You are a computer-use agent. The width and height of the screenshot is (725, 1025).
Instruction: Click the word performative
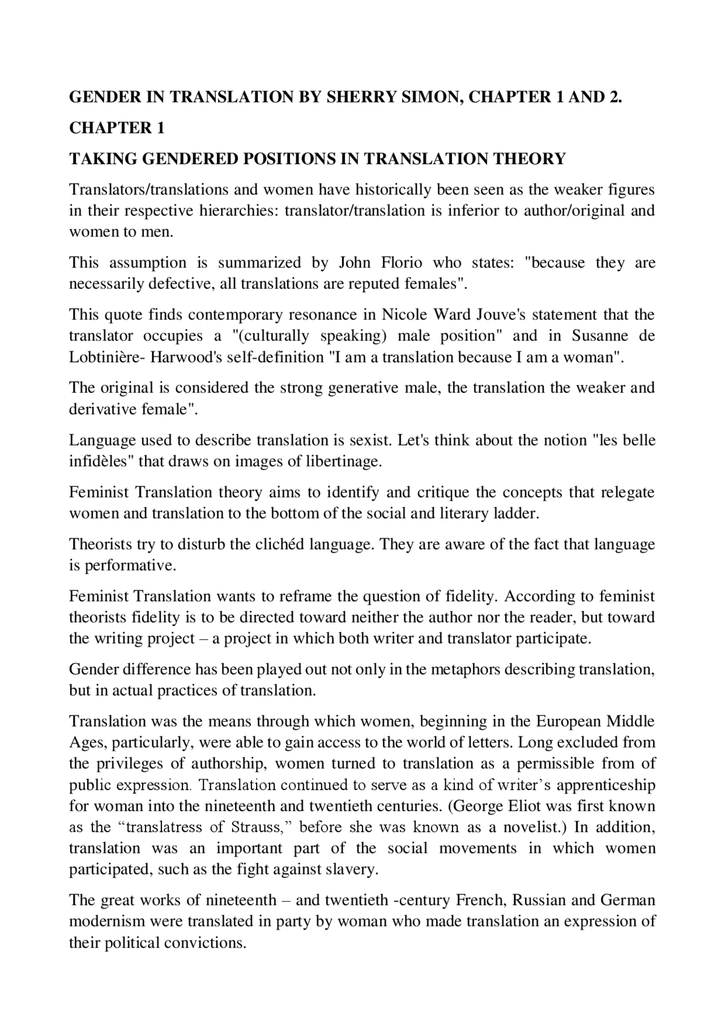click(130, 565)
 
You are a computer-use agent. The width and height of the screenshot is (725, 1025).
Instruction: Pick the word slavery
click(353, 869)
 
